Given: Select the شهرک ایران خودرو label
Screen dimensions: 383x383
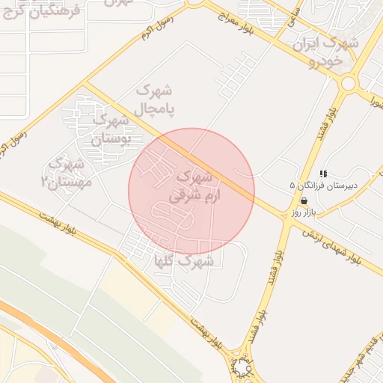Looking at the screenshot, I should [327, 52].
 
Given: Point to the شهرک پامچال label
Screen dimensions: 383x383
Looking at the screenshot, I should [155, 99].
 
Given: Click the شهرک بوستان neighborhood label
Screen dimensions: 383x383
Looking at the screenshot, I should [111, 128].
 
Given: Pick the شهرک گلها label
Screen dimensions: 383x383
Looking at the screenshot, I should [191, 261].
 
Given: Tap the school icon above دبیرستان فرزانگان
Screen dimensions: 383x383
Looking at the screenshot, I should [323, 173].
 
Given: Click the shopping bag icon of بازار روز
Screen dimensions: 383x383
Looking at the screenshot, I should [304, 201].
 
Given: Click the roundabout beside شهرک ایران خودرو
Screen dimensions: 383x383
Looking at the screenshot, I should [347, 82].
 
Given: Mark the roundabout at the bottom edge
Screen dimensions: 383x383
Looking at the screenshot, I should [242, 367].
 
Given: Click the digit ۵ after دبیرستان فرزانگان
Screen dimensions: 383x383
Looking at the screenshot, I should [292, 185].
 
